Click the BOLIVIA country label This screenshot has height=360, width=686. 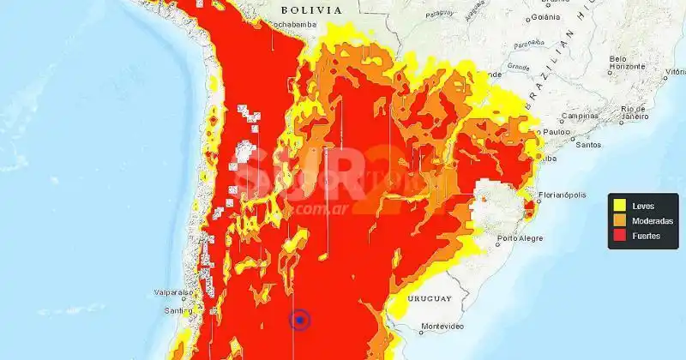[x=311, y=9]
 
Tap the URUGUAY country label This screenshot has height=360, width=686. [x=429, y=298]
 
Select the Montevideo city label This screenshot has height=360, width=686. [x=442, y=327]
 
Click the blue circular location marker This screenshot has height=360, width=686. [x=300, y=321]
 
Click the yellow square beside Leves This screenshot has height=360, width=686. [x=619, y=206]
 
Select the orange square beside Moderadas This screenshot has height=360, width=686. [x=619, y=220]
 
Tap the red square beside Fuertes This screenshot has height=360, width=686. [x=619, y=235]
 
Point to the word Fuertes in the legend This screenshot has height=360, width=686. [x=646, y=235]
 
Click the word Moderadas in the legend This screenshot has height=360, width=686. [x=652, y=220]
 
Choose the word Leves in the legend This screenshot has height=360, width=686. [x=642, y=206]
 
